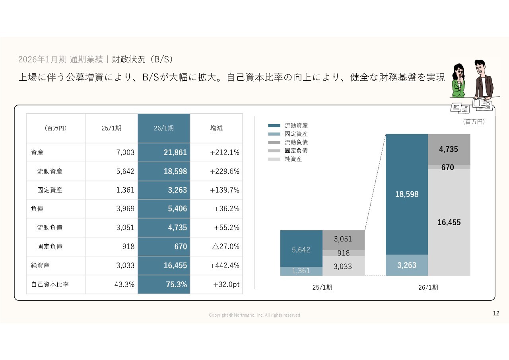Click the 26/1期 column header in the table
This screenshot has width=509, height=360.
pyautogui.click(x=164, y=128)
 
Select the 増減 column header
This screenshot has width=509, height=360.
pyautogui.click(x=216, y=128)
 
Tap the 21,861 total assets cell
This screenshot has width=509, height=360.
pyautogui.click(x=164, y=152)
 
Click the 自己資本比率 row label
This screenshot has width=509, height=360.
pyautogui.click(x=50, y=284)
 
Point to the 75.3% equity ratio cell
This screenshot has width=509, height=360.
pyautogui.click(x=164, y=284)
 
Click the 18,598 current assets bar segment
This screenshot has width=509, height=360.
pyautogui.click(x=407, y=194)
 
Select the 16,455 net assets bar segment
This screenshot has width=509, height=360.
pyautogui.click(x=449, y=222)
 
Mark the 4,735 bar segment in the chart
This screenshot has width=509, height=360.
pyautogui.click(x=449, y=150)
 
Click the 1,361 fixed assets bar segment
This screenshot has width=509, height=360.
pyautogui.click(x=301, y=271)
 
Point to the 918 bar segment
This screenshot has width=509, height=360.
pyautogui.click(x=343, y=253)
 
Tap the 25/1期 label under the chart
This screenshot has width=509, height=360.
pyautogui.click(x=322, y=287)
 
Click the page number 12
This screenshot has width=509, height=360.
pyautogui.click(x=496, y=313)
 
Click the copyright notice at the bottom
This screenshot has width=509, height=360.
pyautogui.click(x=254, y=315)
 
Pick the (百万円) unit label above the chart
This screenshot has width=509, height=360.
pyautogui.click(x=474, y=122)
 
